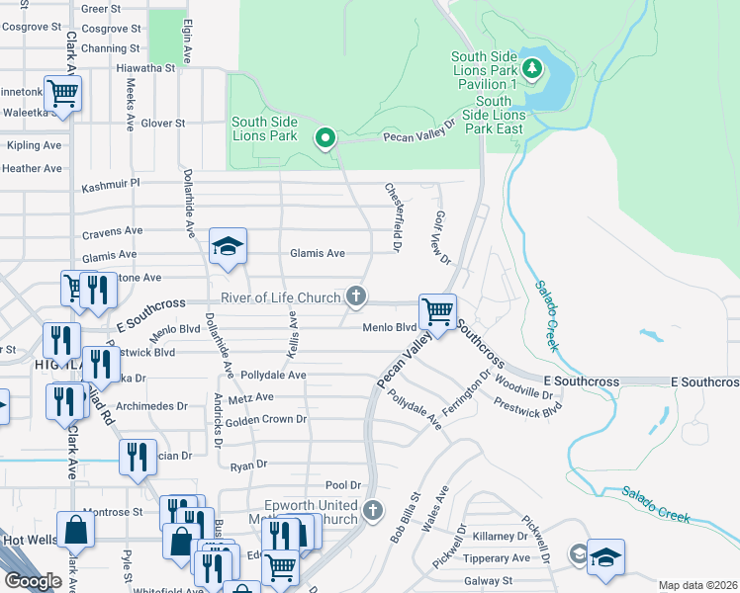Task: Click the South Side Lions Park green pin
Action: point(324,138)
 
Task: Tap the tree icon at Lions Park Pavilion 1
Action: point(533,68)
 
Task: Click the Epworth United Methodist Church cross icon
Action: point(372,510)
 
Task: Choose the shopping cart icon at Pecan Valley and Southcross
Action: point(436,311)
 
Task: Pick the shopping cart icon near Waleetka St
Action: point(62,94)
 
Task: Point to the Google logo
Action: point(32,581)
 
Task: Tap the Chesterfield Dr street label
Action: point(393,216)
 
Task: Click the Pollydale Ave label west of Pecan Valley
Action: point(266,376)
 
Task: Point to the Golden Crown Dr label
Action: point(266,420)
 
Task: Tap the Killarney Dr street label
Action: point(501,536)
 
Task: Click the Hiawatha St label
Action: point(145,68)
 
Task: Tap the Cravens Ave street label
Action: point(112,231)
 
